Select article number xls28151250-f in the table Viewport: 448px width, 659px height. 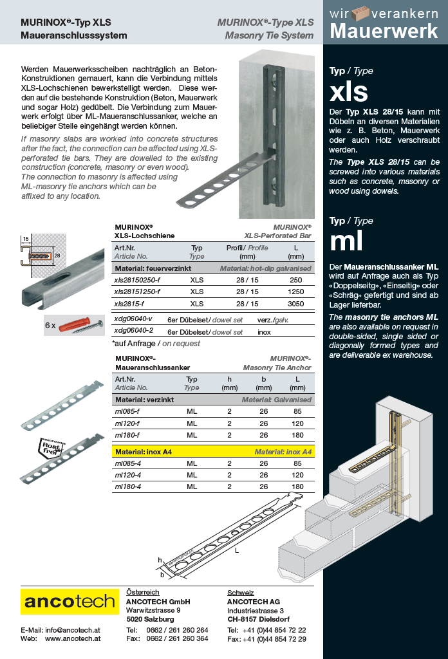(x=137, y=292)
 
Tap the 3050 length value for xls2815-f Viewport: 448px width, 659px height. (x=295, y=304)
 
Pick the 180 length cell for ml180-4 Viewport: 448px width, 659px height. (x=297, y=487)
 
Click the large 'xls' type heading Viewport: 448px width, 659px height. (x=349, y=91)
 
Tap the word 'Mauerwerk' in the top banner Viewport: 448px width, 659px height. (x=384, y=30)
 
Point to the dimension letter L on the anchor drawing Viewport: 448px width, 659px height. (x=237, y=552)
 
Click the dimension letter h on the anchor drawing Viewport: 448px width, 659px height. (x=160, y=560)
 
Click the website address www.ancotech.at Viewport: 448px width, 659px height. (x=73, y=638)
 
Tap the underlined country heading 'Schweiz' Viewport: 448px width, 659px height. (x=241, y=592)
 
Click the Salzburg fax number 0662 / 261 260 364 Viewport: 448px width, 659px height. (x=177, y=638)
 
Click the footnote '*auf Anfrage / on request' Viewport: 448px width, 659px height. (x=156, y=343)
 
